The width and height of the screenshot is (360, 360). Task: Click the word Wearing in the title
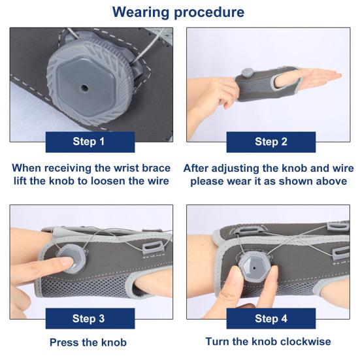click(140, 12)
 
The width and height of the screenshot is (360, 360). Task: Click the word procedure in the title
click(209, 13)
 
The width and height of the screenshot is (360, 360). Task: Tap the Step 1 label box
click(90, 142)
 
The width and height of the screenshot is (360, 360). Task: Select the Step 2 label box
click(271, 142)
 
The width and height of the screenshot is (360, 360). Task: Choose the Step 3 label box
click(90, 318)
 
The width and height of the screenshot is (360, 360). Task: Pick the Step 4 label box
click(271, 319)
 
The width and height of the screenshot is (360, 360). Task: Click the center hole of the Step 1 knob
click(84, 88)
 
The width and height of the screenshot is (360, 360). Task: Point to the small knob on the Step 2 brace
click(248, 73)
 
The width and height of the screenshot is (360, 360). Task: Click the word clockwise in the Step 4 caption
click(304, 342)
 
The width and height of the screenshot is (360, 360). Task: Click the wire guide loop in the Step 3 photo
click(152, 249)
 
